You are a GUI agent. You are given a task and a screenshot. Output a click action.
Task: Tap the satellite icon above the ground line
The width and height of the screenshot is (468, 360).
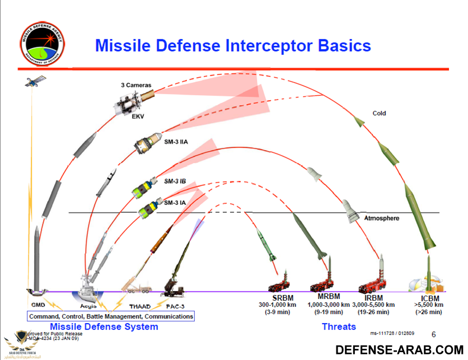(33, 83)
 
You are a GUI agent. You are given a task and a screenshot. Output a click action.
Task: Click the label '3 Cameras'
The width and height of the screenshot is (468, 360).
(136, 86)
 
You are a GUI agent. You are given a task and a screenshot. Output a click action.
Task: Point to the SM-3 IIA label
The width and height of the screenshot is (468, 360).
(176, 142)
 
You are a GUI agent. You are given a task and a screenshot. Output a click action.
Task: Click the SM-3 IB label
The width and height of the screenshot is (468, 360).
(175, 181)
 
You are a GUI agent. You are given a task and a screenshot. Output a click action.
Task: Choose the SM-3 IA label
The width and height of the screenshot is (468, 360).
(175, 202)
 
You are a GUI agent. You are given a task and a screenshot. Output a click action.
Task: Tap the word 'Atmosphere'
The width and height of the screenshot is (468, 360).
(382, 218)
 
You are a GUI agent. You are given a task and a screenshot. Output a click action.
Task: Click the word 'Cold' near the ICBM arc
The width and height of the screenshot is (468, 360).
(380, 114)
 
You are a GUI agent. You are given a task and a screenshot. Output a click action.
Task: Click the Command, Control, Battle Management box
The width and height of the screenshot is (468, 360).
(111, 316)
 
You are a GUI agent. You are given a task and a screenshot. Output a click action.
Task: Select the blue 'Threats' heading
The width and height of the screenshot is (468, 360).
(339, 326)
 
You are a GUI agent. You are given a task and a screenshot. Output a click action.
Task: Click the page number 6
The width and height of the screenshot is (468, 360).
(433, 334)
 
